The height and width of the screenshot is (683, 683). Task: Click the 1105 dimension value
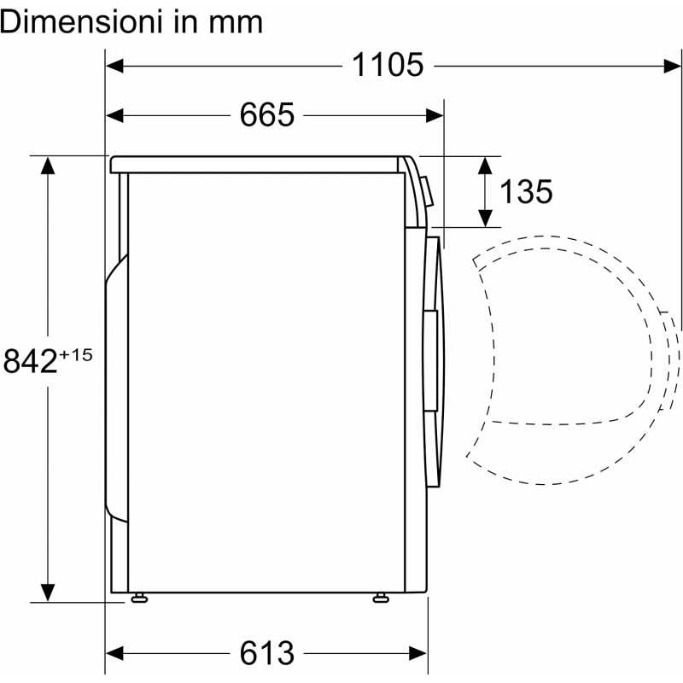[x=388, y=65]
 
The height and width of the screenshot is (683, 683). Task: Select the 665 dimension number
[x=267, y=115]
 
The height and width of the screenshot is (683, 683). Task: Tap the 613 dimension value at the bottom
[x=267, y=653]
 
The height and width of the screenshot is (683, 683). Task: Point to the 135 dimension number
[x=526, y=191]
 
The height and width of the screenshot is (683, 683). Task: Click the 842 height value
[x=31, y=361]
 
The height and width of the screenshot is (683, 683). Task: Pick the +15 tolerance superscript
[x=76, y=355]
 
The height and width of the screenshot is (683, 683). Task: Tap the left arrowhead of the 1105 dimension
[x=114, y=67]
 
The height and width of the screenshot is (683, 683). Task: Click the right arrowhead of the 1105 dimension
[x=672, y=67]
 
